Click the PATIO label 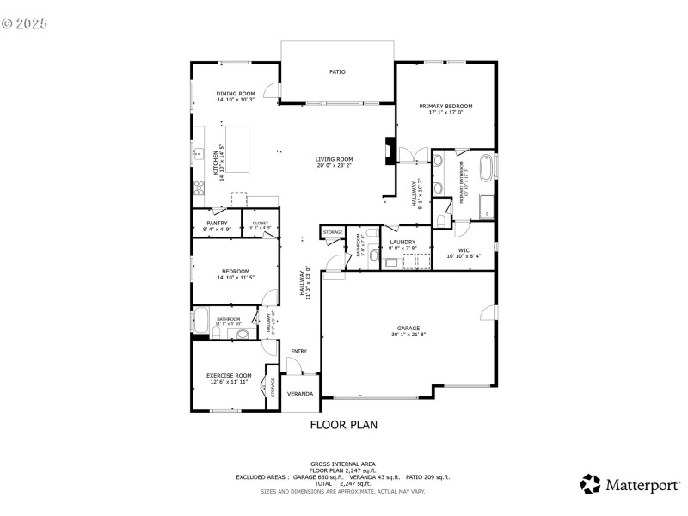(337, 72)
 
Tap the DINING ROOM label (235, 94)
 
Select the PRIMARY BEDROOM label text (445, 107)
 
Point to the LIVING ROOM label (334, 159)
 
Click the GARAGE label (408, 328)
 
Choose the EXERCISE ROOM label (229, 375)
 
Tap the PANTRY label (217, 223)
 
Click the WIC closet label (464, 249)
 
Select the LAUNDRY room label (402, 242)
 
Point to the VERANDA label (299, 394)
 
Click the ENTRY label (298, 351)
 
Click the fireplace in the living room (390, 150)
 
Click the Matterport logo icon (590, 484)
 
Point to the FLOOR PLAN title (343, 424)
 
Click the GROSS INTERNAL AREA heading (343, 464)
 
